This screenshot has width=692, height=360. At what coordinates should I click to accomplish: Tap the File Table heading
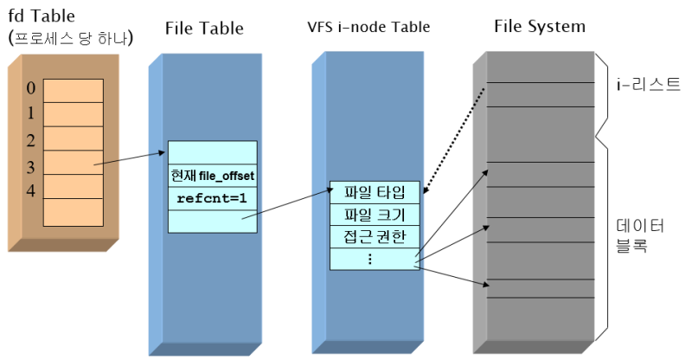pos(204,29)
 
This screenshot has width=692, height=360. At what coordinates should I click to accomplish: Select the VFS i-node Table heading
pos(368,28)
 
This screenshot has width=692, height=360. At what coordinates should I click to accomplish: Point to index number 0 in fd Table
pos(31,88)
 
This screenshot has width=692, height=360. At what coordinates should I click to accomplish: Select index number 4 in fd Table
pos(31,190)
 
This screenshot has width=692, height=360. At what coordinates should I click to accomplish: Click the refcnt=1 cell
pos(212,197)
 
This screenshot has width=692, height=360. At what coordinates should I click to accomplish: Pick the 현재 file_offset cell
pos(212,176)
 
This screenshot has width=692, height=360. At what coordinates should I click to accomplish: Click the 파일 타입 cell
pos(375,192)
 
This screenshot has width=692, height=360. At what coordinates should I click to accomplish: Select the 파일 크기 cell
pos(375,215)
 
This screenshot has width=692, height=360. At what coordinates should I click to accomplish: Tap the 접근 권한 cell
pos(375,236)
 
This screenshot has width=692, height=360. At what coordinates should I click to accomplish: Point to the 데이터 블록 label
pos(639,236)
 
